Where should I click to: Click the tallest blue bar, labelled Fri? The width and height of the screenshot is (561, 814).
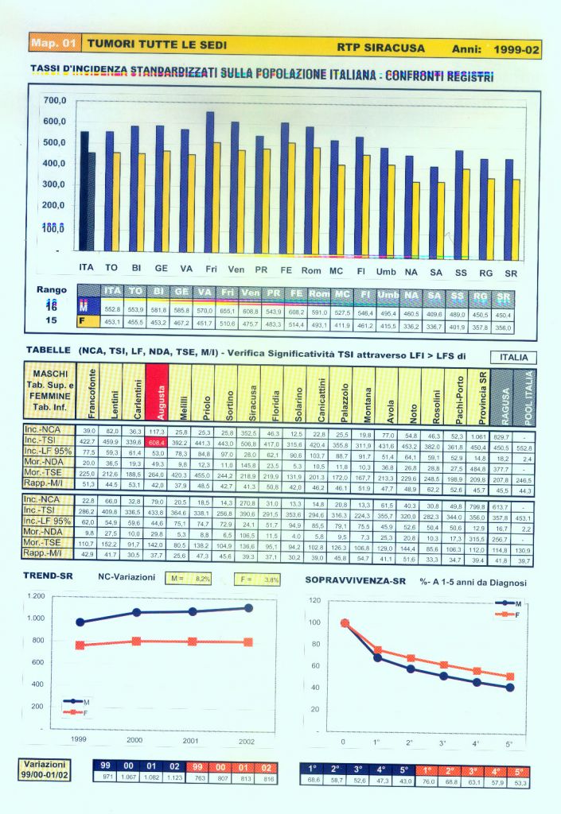point(209,183)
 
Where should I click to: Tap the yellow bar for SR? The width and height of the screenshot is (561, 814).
point(516,216)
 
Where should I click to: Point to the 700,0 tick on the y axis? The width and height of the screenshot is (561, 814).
point(55,101)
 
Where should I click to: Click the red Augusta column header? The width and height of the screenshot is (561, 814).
point(157,391)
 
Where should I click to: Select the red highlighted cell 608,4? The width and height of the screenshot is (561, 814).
point(157,442)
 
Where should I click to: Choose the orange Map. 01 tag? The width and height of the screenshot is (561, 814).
point(54,43)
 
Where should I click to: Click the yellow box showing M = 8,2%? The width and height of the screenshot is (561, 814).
point(191,580)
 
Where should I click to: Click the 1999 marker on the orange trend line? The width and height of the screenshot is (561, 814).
point(80,645)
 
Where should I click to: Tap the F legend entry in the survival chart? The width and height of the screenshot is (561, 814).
point(516,614)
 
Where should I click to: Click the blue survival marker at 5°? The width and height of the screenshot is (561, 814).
point(509,688)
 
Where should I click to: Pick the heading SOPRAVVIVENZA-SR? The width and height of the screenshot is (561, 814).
point(356,580)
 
